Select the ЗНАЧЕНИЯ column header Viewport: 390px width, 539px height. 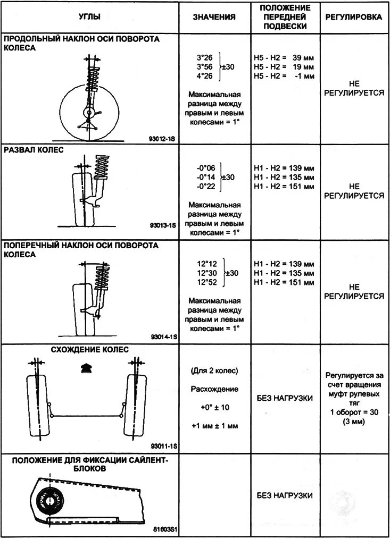pyautogui.click(x=214, y=17)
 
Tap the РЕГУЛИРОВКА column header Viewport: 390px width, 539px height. pyautogui.click(x=354, y=17)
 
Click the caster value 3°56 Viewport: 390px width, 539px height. pyautogui.click(x=205, y=67)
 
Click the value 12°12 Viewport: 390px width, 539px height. pyautogui.click(x=207, y=263)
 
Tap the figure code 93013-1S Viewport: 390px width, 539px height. pyautogui.click(x=163, y=225)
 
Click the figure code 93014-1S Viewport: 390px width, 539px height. pyautogui.click(x=163, y=337)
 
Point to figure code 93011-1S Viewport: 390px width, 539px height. pyautogui.click(x=163, y=446)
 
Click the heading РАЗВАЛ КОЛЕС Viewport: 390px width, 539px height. pyautogui.click(x=33, y=150)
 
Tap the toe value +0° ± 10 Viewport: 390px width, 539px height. pyautogui.click(x=214, y=407)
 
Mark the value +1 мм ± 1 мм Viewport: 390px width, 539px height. pyautogui.click(x=214, y=426)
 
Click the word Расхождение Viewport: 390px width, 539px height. pyautogui.click(x=214, y=389)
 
